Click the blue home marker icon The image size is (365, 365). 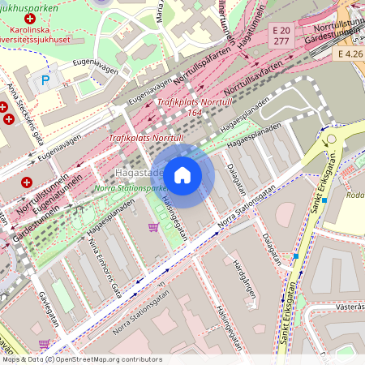[x=182, y=175]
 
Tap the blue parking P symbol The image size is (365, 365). [x=45, y=80]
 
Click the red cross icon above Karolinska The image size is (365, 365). [x=31, y=18]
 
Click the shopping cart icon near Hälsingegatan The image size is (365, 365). [x=152, y=227]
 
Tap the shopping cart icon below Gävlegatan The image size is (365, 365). [x=44, y=343]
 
